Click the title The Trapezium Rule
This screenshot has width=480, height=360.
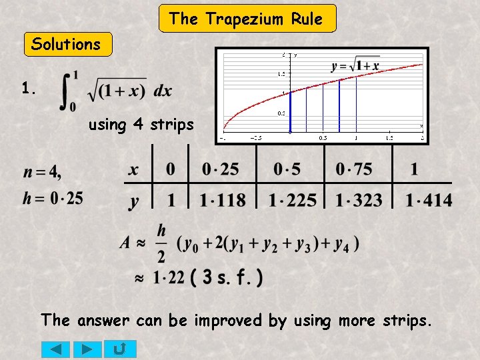click(247, 19)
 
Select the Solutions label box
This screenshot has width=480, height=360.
click(66, 45)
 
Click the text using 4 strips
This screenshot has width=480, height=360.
click(141, 125)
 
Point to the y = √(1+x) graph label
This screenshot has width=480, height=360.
click(355, 65)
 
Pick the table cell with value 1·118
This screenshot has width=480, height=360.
click(222, 199)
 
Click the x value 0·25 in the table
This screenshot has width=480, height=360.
click(221, 169)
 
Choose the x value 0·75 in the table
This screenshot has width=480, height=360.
click(354, 169)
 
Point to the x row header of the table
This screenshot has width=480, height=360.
click(134, 170)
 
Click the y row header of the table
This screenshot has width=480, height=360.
click(134, 201)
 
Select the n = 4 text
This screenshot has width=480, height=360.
click(43, 173)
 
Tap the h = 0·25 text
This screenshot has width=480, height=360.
click(53, 198)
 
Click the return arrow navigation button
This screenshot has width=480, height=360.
click(121, 349)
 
